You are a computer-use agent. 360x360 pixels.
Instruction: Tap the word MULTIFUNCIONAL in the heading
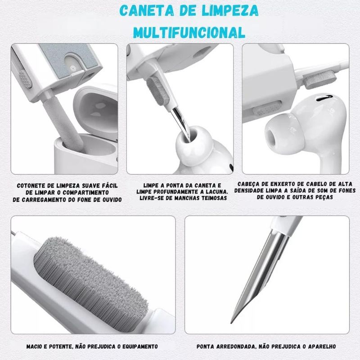189,32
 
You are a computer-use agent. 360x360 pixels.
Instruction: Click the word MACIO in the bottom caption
34,346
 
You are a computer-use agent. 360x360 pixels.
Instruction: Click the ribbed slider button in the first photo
25,79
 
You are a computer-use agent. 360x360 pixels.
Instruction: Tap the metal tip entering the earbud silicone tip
181,123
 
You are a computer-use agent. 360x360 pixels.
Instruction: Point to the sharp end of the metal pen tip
231,323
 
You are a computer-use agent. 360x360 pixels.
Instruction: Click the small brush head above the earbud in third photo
320,79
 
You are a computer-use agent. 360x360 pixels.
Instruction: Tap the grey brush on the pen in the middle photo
158,91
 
